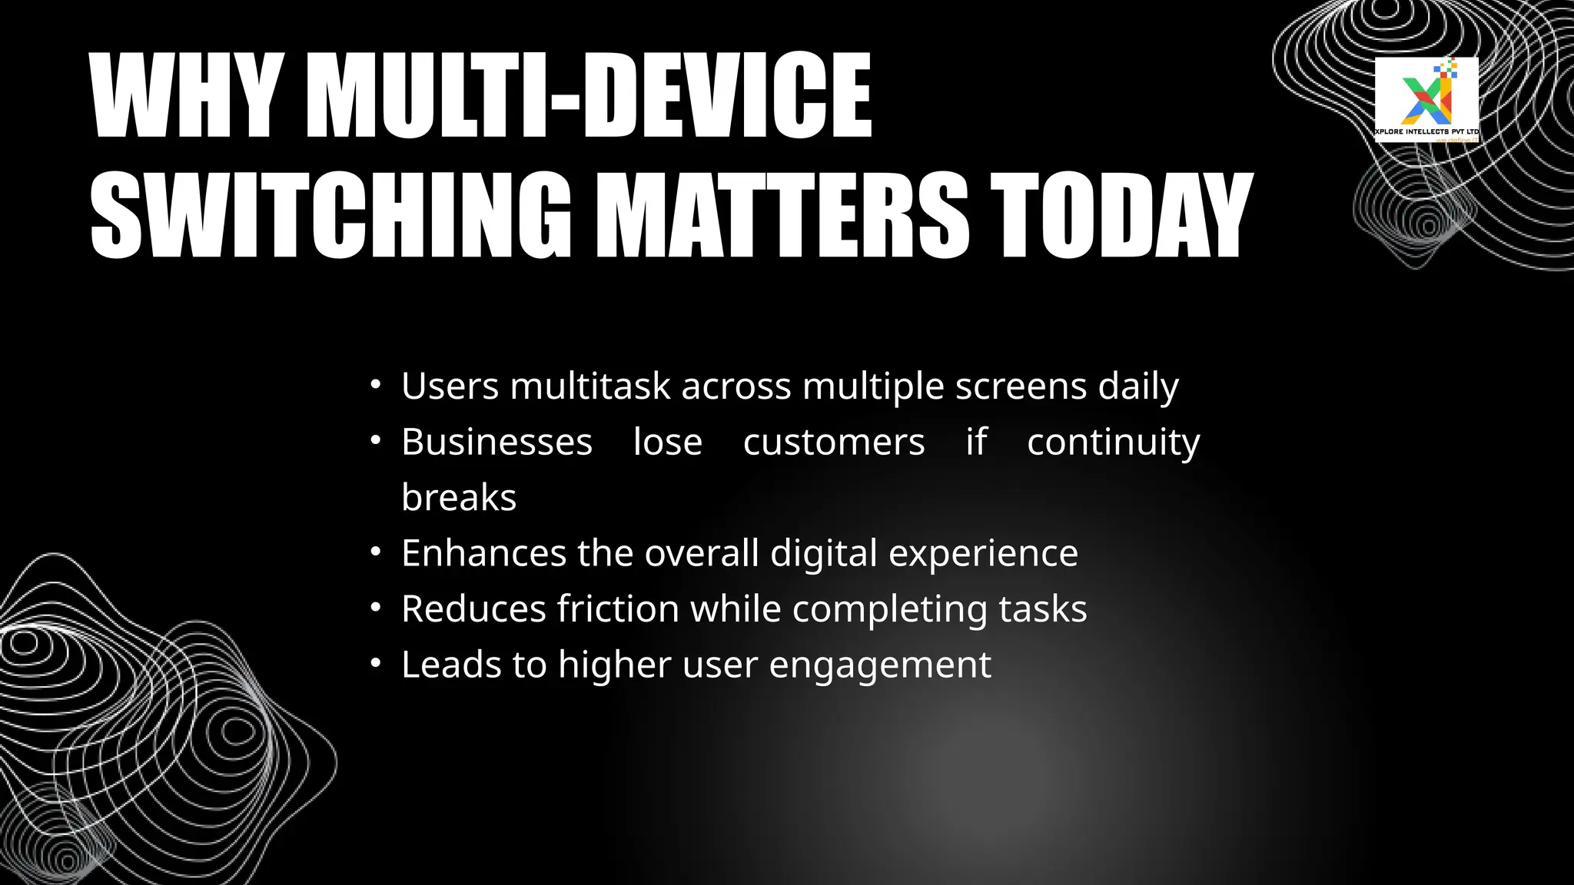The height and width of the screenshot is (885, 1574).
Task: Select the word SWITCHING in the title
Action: point(330,215)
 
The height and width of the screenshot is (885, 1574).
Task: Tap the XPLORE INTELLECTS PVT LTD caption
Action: point(1426,131)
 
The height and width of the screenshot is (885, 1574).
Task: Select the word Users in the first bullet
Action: point(450,386)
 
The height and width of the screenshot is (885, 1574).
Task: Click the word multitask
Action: point(590,386)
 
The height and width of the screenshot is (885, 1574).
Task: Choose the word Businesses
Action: point(496,442)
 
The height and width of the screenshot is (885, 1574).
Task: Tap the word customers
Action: point(834,442)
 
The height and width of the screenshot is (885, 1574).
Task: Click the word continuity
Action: point(1113,442)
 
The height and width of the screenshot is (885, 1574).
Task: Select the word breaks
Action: point(459,497)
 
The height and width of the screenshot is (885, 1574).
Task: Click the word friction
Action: point(618,609)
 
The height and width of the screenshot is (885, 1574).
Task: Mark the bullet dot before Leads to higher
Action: point(375,663)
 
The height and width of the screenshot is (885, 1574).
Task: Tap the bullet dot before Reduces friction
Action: point(375,608)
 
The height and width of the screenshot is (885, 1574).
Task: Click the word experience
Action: point(983,553)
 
